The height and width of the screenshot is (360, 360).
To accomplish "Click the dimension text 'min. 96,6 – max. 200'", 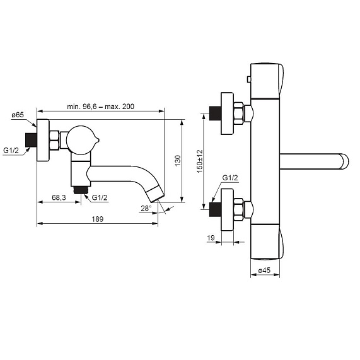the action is point(101,107).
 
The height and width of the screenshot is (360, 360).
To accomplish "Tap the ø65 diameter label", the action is point(18,115).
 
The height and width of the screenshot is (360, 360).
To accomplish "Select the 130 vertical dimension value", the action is point(178,161).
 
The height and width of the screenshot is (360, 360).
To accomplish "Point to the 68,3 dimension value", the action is point(59,197).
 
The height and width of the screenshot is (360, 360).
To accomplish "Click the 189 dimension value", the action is point(98,219).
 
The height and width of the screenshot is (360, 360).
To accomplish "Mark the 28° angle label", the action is point(146,209).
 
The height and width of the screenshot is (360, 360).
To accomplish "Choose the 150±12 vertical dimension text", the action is point(200,161).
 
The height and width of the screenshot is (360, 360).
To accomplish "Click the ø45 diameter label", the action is point(264,270).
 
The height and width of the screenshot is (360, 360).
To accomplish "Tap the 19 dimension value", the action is point(211,238).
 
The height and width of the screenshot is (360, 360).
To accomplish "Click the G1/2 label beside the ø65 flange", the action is point(11,151).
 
